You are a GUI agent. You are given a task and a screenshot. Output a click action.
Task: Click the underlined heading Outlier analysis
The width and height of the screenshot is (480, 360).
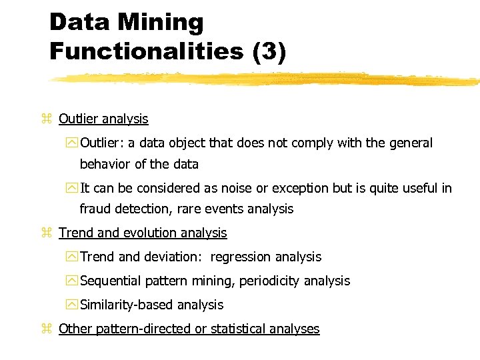[103, 119]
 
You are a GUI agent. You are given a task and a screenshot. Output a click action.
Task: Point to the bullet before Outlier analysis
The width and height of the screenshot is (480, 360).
[46, 119]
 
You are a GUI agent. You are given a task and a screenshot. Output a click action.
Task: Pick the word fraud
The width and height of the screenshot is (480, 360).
[96, 209]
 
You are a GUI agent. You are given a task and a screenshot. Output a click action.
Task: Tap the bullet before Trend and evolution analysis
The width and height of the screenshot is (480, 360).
[46, 233]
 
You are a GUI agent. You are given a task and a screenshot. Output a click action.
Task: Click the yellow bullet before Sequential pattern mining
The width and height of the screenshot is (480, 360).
[73, 281]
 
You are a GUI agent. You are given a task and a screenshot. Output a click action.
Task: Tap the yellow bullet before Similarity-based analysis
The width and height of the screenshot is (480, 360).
[73, 305]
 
